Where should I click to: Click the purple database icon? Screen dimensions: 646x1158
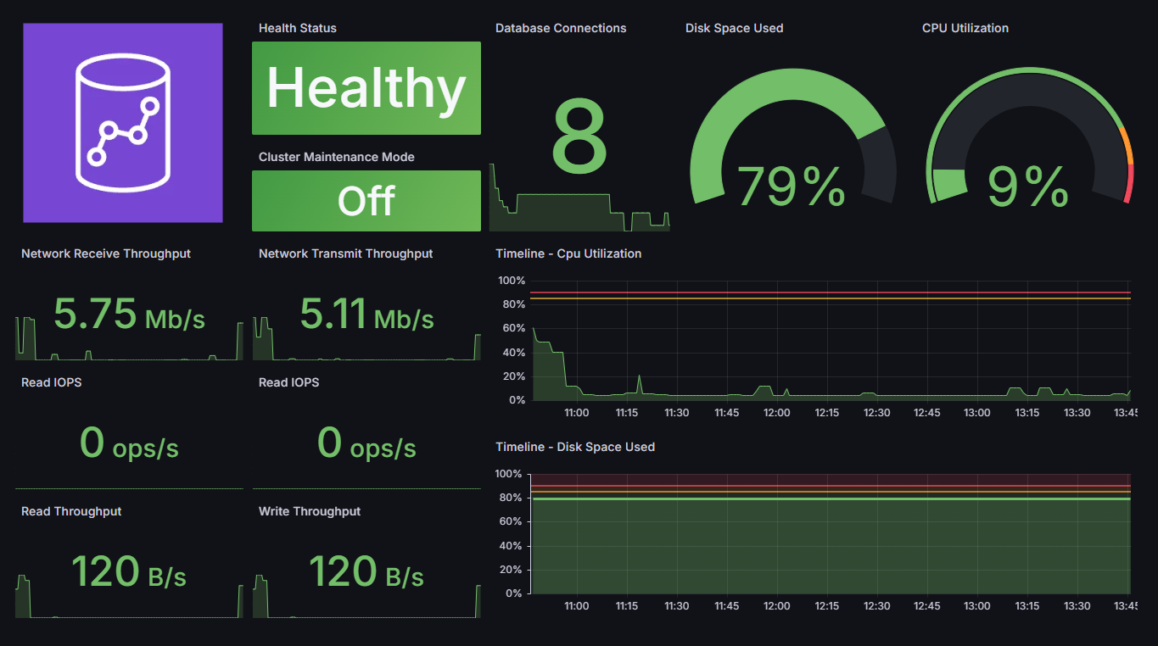pyautogui.click(x=123, y=123)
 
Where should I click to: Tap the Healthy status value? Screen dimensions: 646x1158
pyautogui.click(x=366, y=88)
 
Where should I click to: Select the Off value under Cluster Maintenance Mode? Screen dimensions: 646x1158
pyautogui.click(x=366, y=201)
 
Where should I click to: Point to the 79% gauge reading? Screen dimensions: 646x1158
pyautogui.click(x=791, y=187)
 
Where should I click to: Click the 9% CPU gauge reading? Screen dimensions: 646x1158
pyautogui.click(x=1028, y=187)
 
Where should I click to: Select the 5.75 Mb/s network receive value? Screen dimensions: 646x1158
pyautogui.click(x=129, y=315)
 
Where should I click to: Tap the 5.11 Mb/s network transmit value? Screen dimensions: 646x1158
pyautogui.click(x=366, y=315)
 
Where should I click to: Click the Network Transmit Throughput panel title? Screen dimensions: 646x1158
pyautogui.click(x=345, y=253)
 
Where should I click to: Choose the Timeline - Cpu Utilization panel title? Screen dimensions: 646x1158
pyautogui.click(x=568, y=253)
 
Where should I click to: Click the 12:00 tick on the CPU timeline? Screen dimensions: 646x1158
pyautogui.click(x=776, y=413)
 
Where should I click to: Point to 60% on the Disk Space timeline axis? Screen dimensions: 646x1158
pyautogui.click(x=511, y=521)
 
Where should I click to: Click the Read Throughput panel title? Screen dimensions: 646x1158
pyautogui.click(x=71, y=511)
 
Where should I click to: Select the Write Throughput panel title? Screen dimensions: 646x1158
pyautogui.click(x=310, y=511)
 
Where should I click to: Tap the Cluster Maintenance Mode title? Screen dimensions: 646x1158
pyautogui.click(x=337, y=157)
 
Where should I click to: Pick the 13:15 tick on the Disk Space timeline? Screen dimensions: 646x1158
pyautogui.click(x=1027, y=606)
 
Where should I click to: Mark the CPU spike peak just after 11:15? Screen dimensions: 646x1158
pyautogui.click(x=639, y=376)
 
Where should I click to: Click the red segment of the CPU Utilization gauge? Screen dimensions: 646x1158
pyautogui.click(x=1129, y=183)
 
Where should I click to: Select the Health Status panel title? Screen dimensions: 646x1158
pyautogui.click(x=298, y=28)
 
